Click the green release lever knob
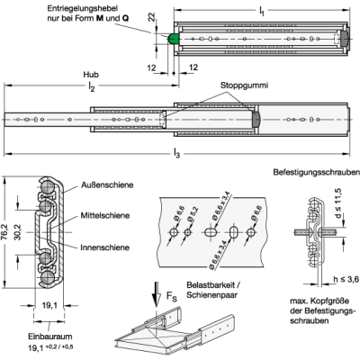pos(174,39)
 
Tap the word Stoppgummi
pos(244,85)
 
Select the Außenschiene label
pos(107,184)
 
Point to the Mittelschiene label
pos(105,215)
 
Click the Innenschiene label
pos(104,247)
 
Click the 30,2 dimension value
pos(18,232)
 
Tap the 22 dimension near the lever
pos(152,17)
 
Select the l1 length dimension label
pos(262,12)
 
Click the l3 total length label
pos(177,154)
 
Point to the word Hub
pos(91,75)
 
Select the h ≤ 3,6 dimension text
pos(346,280)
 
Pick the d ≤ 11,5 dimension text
pos(338,203)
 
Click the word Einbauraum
pos(50,337)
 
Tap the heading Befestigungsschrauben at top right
pos(316,173)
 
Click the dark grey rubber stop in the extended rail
pos(256,120)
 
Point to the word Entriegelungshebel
pos(82,8)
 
